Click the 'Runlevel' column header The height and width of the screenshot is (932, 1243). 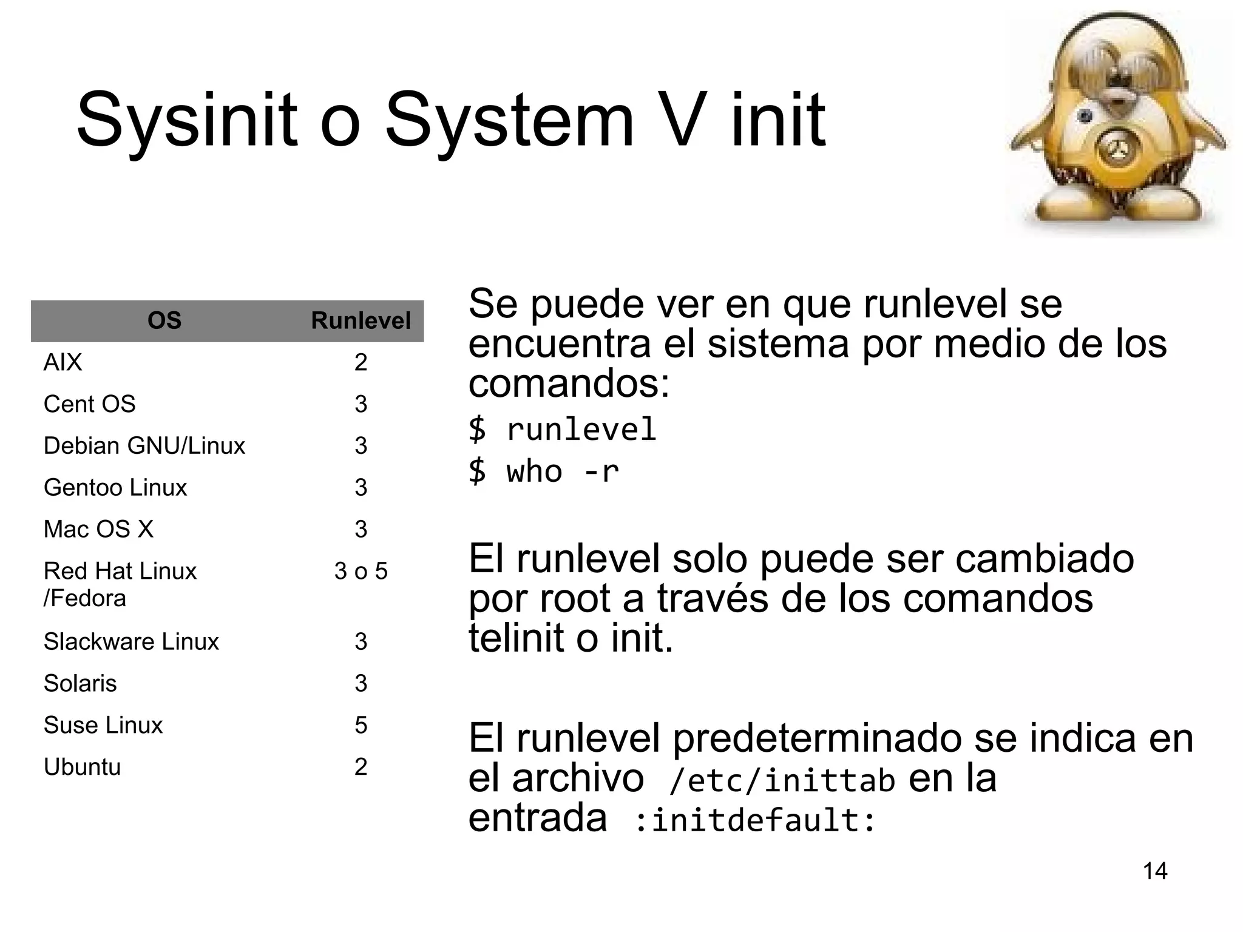[x=361, y=320]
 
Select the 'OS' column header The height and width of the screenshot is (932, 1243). [x=164, y=320]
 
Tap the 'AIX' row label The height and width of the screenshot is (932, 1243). [x=63, y=362]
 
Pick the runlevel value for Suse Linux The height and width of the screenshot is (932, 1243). [x=361, y=725]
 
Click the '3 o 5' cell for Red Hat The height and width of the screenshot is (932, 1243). [x=361, y=571]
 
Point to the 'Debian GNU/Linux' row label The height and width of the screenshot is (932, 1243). [x=144, y=446]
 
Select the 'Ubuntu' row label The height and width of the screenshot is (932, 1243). [x=83, y=767]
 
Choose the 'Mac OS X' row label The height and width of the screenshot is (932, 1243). [x=98, y=529]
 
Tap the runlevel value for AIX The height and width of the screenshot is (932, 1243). [x=361, y=362]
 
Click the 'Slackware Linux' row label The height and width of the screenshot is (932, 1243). [x=131, y=641]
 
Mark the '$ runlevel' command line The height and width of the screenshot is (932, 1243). [x=563, y=430]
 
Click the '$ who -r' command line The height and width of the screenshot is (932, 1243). [x=544, y=471]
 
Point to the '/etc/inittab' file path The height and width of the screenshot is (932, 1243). [x=782, y=781]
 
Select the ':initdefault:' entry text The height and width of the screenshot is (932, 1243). [x=755, y=820]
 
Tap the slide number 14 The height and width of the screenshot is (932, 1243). [x=1155, y=871]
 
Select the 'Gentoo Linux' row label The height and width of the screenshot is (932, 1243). [x=115, y=488]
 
